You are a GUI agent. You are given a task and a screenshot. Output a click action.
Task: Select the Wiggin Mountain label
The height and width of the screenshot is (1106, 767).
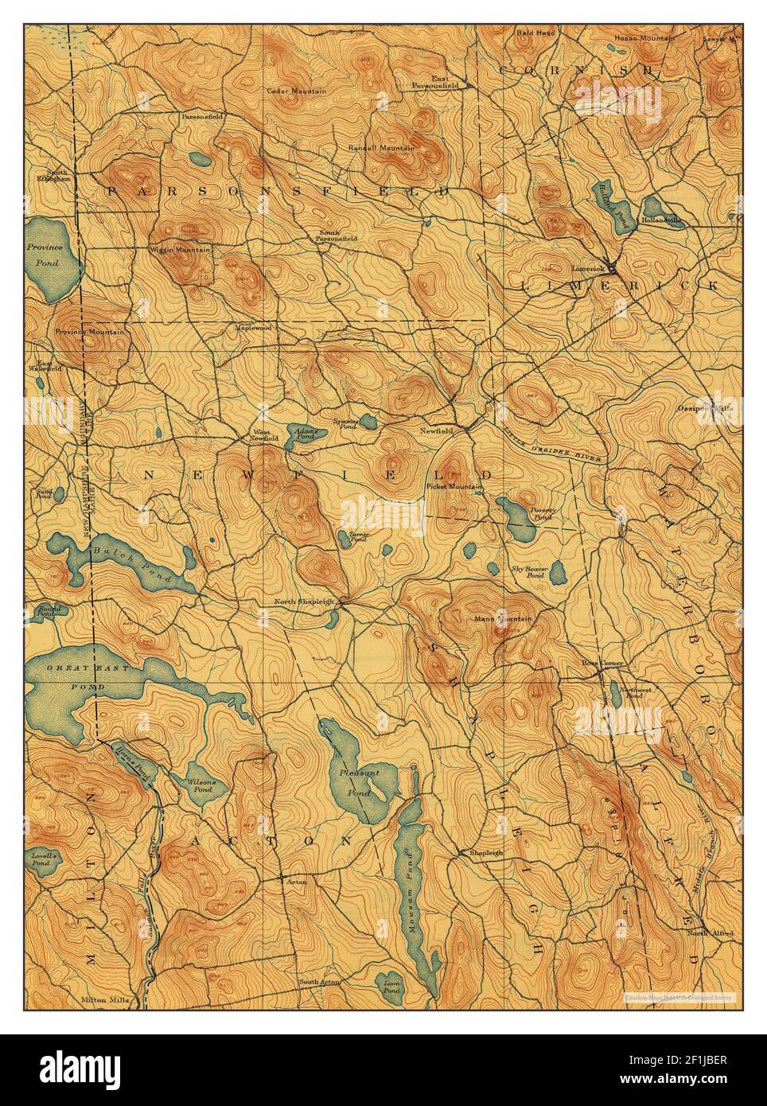(x=185, y=251)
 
